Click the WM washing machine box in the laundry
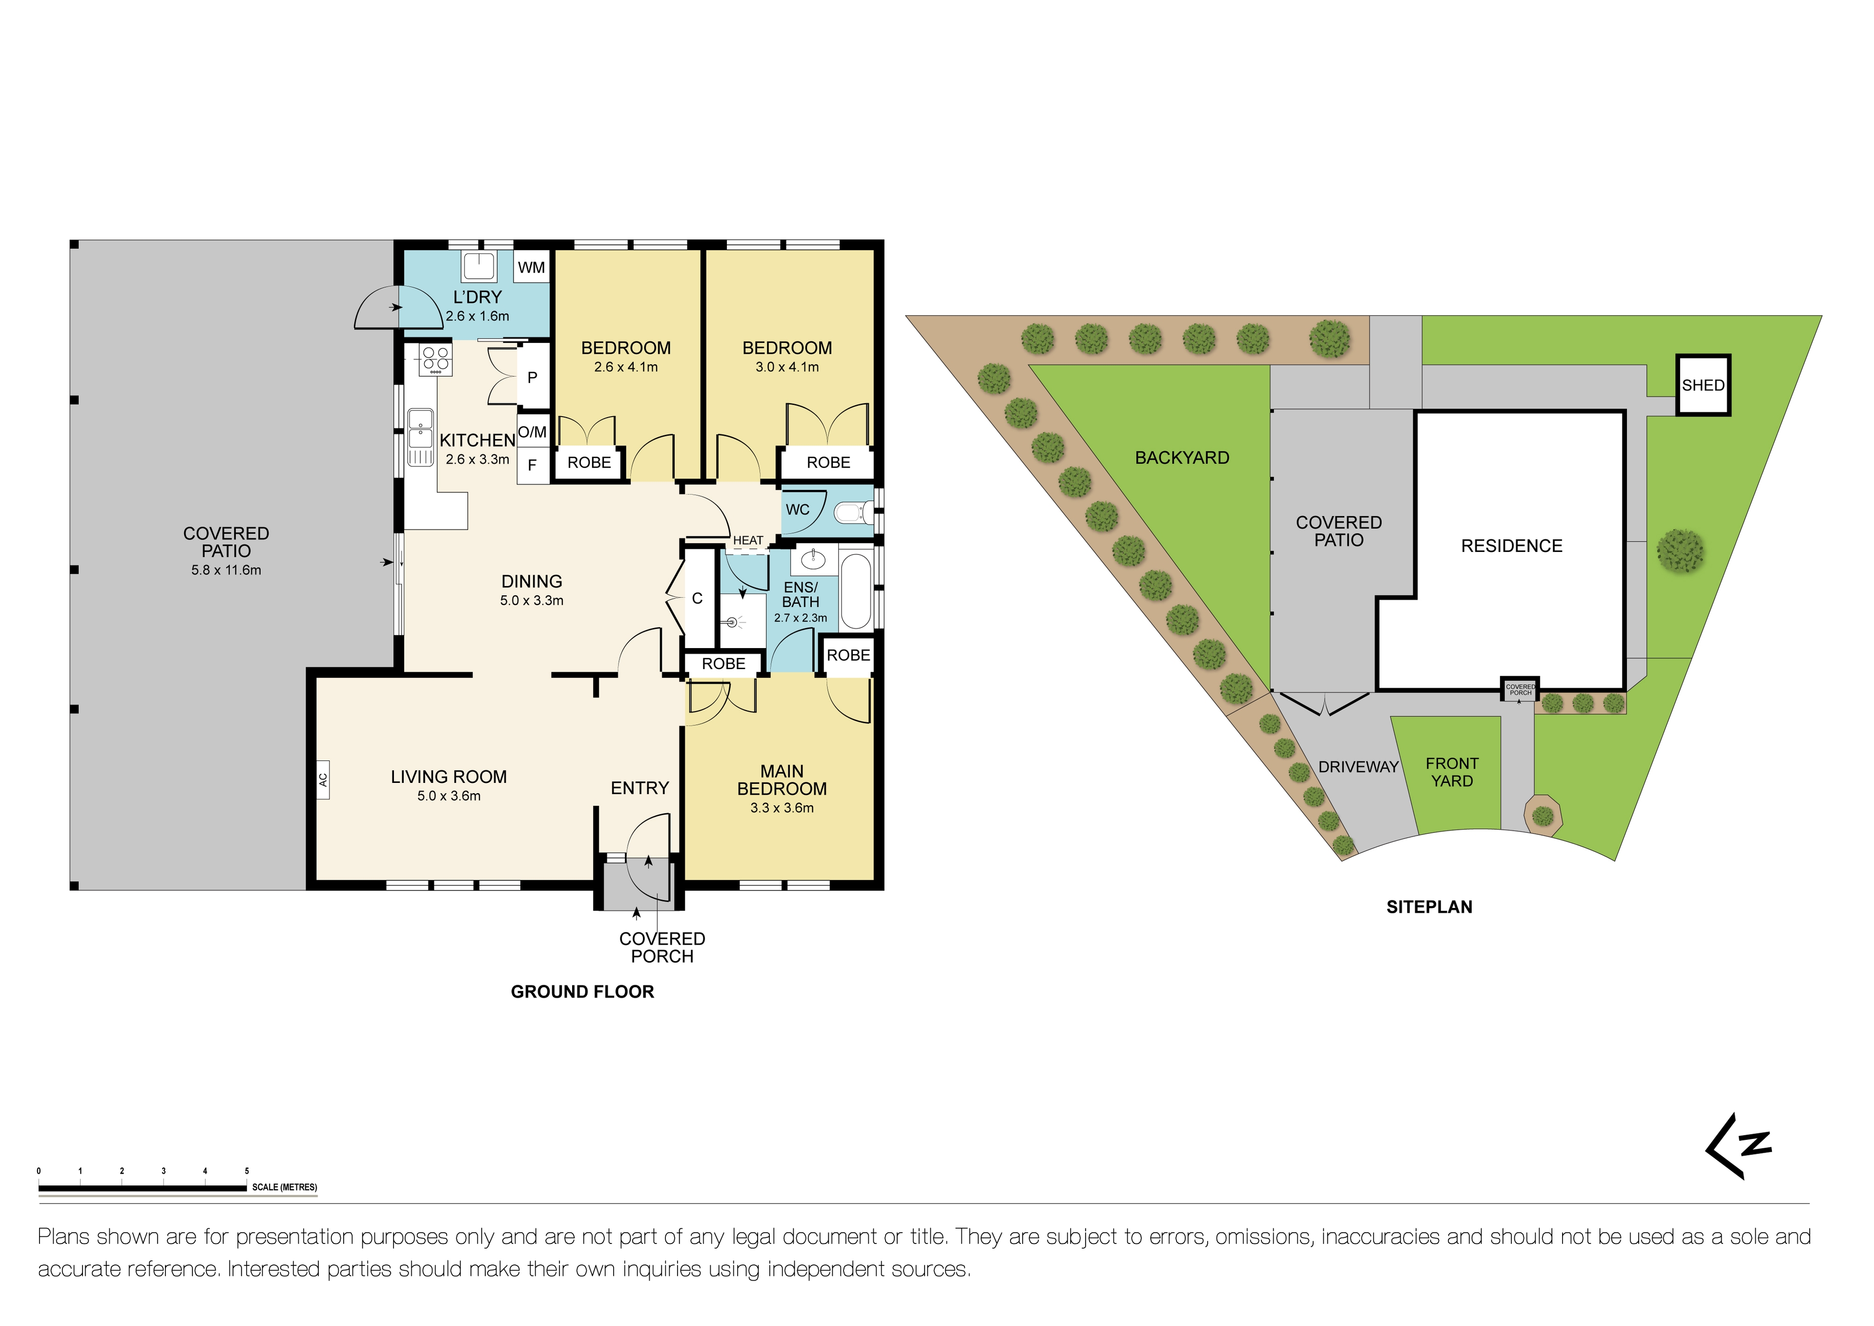[531, 267]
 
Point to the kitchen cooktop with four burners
[435, 359]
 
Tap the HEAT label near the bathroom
[748, 541]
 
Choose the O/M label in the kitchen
[532, 432]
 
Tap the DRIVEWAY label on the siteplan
[1358, 767]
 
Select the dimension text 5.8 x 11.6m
[226, 570]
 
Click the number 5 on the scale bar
[247, 1171]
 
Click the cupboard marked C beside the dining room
[697, 598]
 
